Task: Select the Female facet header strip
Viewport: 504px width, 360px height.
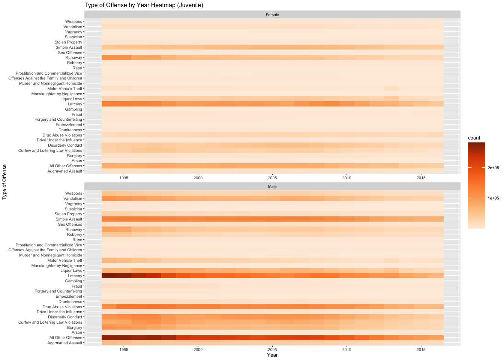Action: (272, 15)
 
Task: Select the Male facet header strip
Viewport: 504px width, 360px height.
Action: (272, 186)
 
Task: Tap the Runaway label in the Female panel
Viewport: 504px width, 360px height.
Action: (73, 58)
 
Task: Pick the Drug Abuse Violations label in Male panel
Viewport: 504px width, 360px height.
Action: (62, 307)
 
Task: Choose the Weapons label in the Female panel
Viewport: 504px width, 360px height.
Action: (73, 22)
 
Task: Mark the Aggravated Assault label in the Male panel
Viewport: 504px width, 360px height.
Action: (64, 343)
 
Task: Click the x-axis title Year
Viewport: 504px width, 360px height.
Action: (272, 355)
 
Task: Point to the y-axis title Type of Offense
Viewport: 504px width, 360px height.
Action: (4, 181)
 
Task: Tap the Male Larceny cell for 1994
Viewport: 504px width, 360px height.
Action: (109, 276)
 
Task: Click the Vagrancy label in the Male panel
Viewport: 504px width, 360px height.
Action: (73, 204)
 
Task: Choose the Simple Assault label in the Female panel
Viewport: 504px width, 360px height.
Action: (69, 48)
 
